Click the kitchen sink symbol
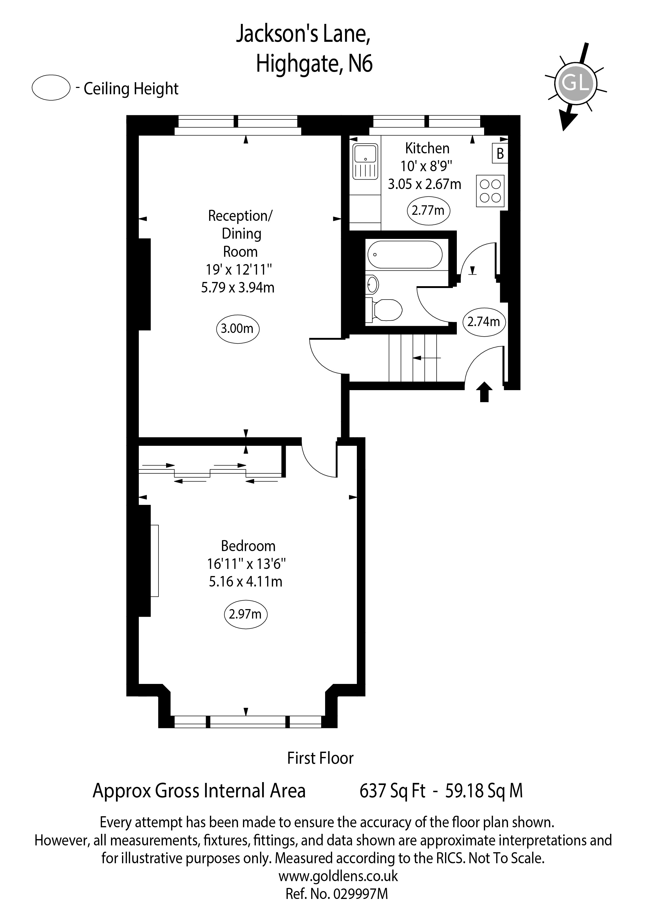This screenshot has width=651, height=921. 365,162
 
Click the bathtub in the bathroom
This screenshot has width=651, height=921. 405,254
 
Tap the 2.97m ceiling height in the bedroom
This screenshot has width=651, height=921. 245,614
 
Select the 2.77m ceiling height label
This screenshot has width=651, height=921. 428,211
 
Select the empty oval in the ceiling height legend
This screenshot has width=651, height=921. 51,87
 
